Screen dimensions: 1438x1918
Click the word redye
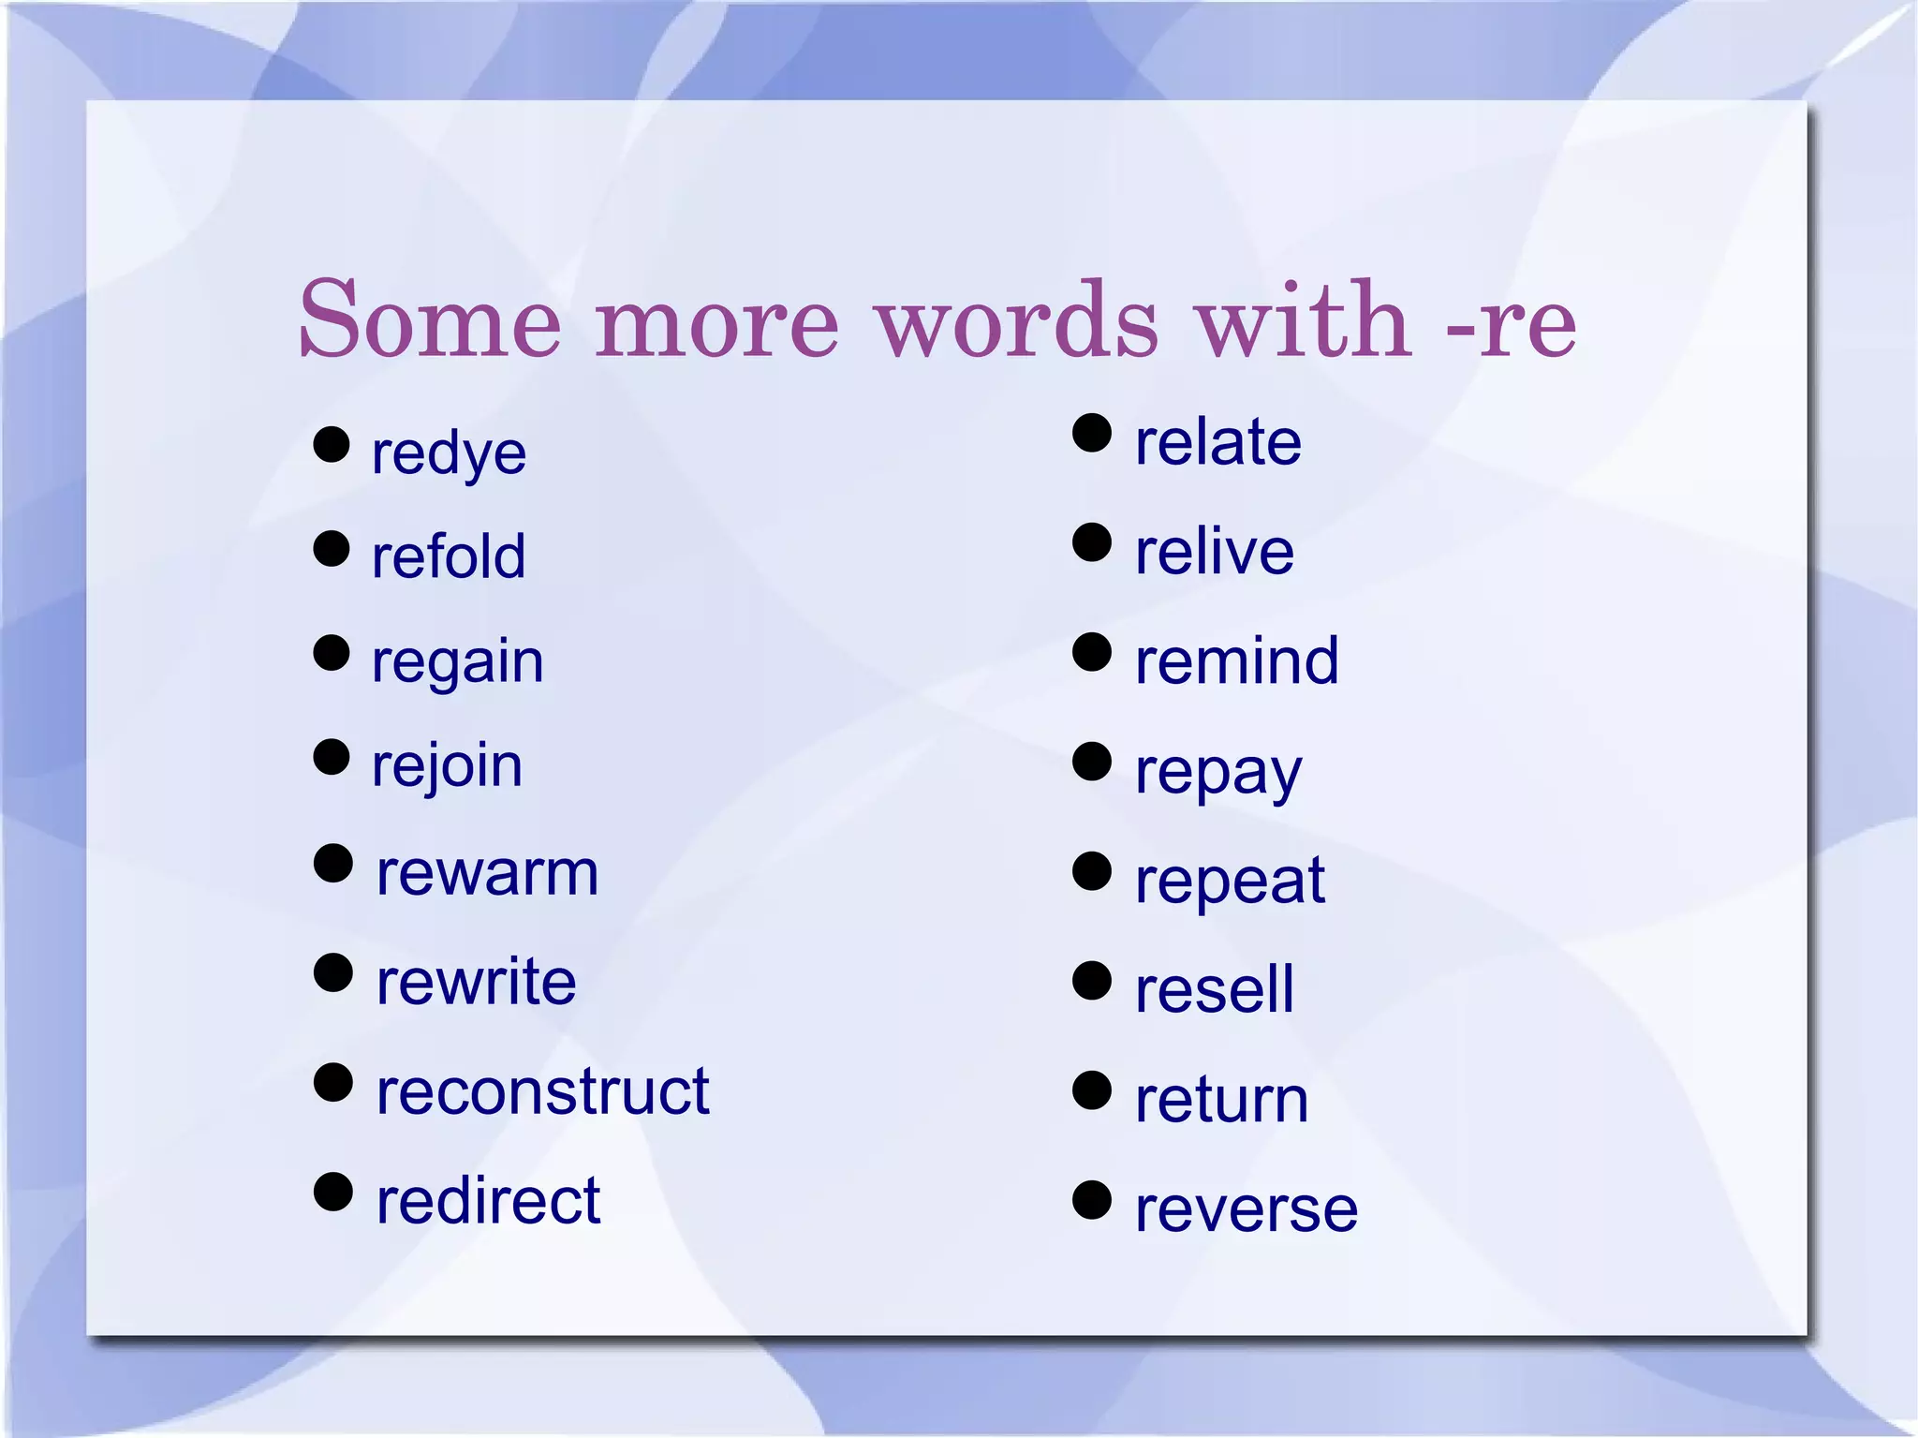[449, 454]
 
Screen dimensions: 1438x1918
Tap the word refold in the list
[449, 556]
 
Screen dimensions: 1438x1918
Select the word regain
[457, 662]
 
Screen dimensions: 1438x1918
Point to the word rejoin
[447, 766]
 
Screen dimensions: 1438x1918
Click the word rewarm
[487, 874]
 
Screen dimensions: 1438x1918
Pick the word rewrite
[476, 983]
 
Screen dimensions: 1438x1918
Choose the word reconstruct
[542, 1092]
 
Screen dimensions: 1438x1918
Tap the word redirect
[488, 1201]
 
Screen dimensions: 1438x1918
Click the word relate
[1217, 442]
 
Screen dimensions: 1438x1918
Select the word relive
[1214, 552]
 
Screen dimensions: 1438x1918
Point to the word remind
[1236, 661]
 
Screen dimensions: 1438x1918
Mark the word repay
[1217, 774]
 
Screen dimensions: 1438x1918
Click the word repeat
[1230, 882]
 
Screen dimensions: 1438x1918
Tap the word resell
[1214, 990]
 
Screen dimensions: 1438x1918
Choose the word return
[1221, 1100]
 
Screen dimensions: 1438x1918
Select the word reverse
[1246, 1209]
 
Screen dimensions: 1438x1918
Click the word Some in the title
[430, 320]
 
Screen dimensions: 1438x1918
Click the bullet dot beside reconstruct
[332, 1083]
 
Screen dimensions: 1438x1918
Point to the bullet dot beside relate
[1091, 434]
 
